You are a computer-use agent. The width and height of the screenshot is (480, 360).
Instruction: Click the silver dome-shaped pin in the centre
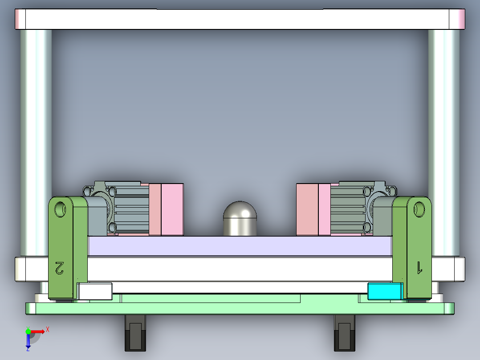240,219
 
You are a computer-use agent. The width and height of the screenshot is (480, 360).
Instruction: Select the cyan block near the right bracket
384,291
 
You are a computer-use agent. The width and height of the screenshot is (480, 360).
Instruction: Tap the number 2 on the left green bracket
60,268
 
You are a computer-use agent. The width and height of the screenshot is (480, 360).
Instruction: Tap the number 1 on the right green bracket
419,267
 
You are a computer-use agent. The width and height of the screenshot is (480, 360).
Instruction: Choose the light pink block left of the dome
172,209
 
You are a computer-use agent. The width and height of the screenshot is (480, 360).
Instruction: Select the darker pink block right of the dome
307,209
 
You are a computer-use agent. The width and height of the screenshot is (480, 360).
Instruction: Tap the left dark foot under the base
135,333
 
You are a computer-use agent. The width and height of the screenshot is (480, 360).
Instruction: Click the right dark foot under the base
345,333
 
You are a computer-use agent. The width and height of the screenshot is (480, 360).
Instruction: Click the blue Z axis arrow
28,341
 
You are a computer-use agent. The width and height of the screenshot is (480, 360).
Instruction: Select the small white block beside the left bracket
95,291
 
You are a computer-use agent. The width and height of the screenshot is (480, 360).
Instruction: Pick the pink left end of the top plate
20,19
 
